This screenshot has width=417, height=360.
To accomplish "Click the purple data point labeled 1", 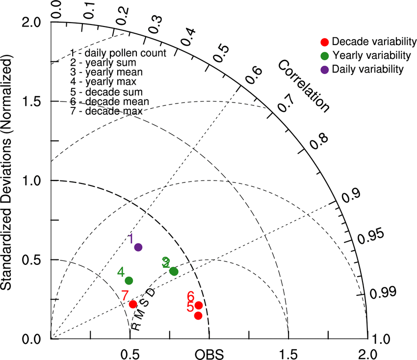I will point(138,247).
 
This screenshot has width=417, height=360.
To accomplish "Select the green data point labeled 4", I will point(129,281).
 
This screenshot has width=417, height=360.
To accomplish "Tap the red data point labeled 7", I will point(133,304).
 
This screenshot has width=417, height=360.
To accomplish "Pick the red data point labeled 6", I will point(199,305).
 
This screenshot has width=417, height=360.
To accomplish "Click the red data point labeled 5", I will point(198,315).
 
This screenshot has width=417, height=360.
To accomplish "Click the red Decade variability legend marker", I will point(324,41).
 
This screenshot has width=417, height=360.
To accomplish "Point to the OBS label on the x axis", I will point(209,354).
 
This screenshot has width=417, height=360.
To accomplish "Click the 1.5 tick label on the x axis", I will point(288,354).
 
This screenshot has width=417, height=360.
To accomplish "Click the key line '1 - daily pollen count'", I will point(118,52).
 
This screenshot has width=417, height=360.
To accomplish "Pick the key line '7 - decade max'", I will point(106,111).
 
